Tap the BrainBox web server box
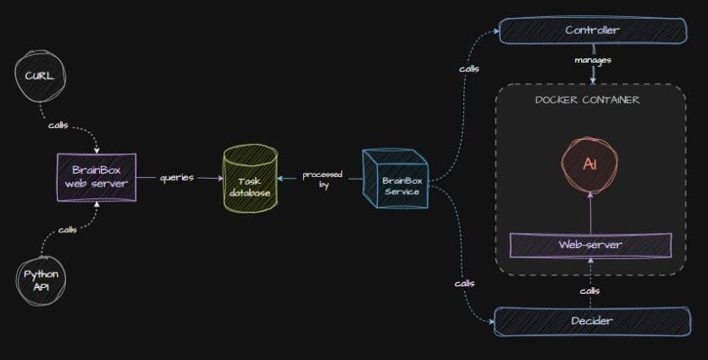[x=97, y=176]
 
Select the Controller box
[x=593, y=31]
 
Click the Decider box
[x=591, y=321]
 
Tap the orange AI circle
[x=590, y=163]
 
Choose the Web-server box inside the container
[x=590, y=245]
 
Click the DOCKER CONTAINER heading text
[x=587, y=100]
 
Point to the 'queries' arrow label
[x=177, y=178]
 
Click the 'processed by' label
[x=323, y=179]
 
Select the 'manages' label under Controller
[x=593, y=60]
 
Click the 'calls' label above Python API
[x=69, y=230]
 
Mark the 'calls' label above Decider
[x=590, y=291]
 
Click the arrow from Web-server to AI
[x=590, y=211]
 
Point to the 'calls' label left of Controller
[x=468, y=69]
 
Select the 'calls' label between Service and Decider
[x=464, y=283]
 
